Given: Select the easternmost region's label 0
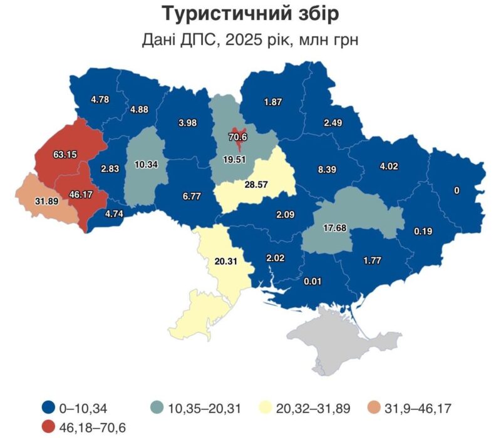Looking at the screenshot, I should [457, 190].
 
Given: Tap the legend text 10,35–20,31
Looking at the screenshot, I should [204, 409].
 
